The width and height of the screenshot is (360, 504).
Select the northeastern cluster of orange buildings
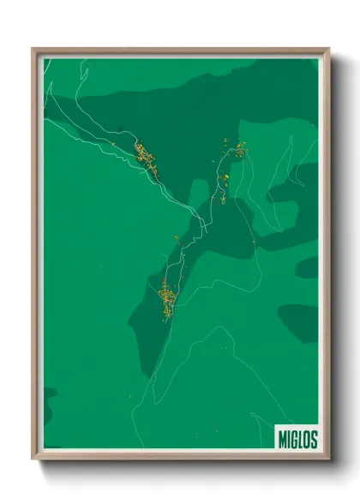tap(239, 151)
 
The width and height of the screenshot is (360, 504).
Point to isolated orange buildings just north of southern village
tap(178, 241)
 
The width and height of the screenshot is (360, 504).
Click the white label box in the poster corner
tap(297, 438)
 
